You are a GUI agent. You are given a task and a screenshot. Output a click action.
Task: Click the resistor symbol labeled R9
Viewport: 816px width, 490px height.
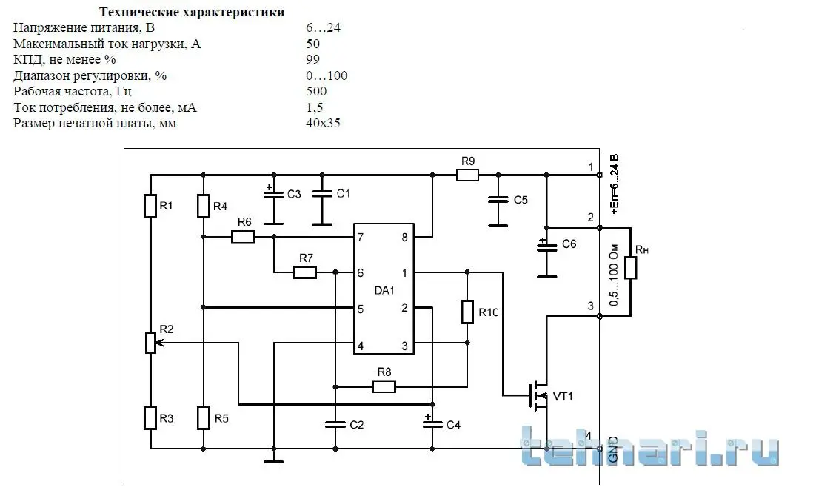(467, 175)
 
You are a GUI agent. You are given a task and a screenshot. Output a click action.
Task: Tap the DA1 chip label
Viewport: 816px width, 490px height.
(384, 290)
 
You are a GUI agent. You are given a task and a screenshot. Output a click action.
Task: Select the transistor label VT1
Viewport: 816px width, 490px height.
(563, 397)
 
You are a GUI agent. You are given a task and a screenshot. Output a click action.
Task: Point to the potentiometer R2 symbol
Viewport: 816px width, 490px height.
(150, 343)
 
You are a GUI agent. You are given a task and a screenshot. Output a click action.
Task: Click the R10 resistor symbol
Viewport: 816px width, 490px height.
(467, 312)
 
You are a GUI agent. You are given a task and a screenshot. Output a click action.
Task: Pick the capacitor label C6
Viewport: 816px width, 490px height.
(569, 244)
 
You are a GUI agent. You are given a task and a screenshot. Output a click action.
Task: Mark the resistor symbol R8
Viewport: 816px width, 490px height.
(384, 386)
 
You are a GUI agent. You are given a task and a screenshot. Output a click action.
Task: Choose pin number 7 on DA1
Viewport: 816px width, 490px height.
(361, 238)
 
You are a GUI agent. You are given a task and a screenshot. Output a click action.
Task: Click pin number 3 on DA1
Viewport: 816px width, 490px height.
(404, 346)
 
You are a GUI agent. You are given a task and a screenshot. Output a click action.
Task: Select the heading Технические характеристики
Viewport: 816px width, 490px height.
(192, 13)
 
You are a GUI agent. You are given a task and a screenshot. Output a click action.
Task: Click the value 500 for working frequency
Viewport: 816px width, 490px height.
(316, 92)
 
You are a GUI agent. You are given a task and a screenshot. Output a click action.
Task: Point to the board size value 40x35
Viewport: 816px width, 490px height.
(323, 124)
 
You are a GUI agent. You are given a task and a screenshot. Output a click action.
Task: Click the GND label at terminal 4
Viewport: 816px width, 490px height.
(612, 449)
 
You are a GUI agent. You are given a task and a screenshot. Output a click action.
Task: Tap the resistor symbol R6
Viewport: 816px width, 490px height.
(243, 237)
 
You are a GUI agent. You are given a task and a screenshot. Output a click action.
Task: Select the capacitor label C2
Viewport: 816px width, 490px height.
(356, 425)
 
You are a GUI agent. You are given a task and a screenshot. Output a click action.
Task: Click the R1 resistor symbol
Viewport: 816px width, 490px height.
(150, 206)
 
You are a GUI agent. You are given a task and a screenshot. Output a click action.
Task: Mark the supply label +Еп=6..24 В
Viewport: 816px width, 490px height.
(614, 184)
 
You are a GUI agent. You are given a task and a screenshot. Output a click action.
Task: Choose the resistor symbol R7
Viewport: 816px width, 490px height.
(304, 272)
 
